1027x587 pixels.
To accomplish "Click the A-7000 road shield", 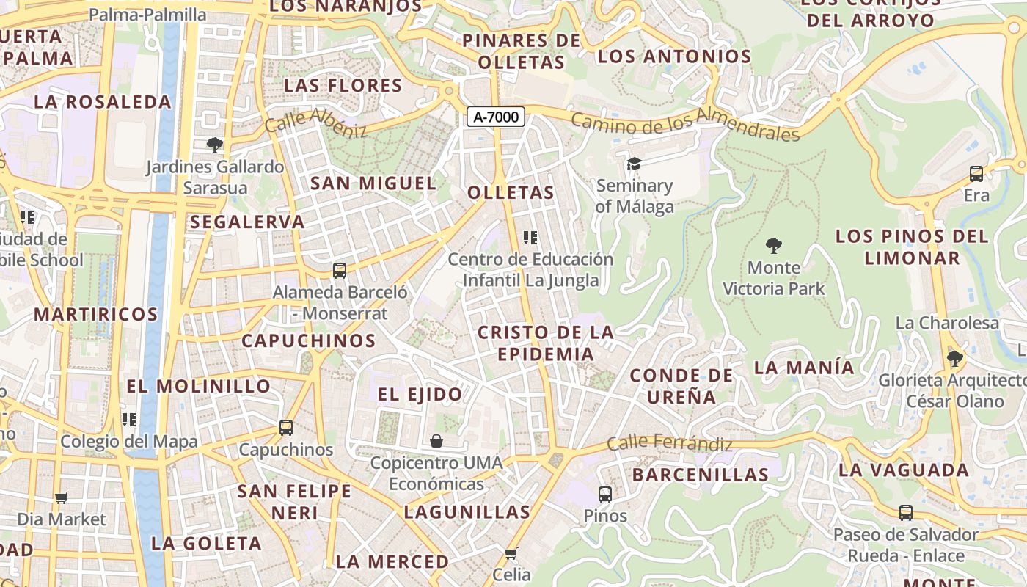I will point(496,117).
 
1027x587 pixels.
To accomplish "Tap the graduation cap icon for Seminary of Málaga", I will point(634,164).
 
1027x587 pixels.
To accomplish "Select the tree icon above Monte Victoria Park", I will point(773,245).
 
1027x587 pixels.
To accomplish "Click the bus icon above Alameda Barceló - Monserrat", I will point(339,270).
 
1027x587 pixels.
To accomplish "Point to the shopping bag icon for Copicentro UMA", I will point(436,441).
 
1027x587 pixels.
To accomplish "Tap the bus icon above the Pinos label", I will point(605,494).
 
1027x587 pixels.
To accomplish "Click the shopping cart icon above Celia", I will point(511,553).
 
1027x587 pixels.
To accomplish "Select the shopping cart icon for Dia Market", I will point(62,497).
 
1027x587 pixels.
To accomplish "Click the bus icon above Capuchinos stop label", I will point(286,427).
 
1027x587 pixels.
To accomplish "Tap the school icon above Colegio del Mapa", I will point(129,419).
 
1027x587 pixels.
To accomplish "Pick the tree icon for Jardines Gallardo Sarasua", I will point(214,145).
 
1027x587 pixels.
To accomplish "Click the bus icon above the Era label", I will point(976,174).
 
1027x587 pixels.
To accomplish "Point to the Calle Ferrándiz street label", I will point(669,443).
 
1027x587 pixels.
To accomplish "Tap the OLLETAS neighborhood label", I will point(511,193).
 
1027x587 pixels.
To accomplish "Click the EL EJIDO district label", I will point(420,394).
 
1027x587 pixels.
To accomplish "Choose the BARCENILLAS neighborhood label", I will point(700,475).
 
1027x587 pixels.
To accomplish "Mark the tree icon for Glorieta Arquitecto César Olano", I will point(954,359).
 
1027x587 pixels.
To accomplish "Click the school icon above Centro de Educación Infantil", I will point(530,237).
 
